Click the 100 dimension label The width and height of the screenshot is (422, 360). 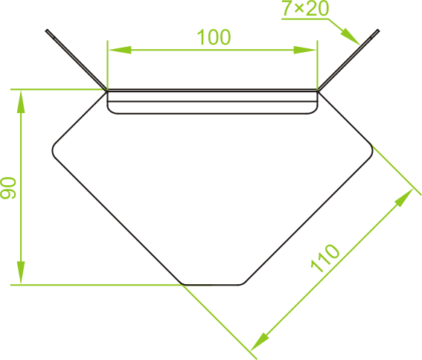214,37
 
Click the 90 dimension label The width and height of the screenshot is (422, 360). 8,187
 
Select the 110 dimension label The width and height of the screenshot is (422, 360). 325,258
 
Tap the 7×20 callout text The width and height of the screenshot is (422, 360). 305,8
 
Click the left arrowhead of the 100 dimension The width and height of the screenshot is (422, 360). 120,50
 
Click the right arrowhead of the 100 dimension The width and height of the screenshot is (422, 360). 305,50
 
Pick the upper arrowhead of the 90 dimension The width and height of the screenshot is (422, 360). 21,102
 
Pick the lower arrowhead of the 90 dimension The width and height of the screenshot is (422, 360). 21,272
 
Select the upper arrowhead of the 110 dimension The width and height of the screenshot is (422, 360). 403,198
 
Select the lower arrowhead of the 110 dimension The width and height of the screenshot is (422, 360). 260,341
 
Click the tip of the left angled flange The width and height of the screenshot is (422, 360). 47,30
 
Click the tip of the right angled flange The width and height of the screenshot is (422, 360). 378,30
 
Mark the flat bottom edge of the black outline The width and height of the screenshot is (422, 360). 213,285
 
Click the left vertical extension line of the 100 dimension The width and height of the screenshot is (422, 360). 107,65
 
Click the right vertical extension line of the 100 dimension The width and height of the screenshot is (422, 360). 318,65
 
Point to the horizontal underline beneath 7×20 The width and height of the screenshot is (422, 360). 305,19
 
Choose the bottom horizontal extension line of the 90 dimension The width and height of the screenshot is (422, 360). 97,285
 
